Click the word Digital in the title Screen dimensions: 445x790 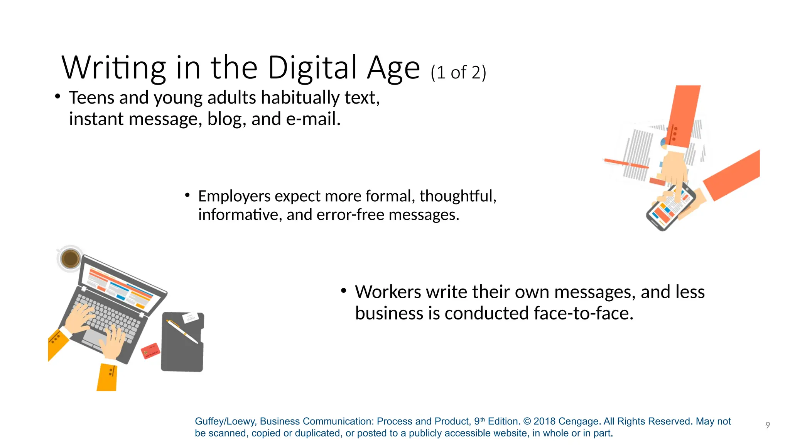[312, 68]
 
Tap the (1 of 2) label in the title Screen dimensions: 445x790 [458, 73]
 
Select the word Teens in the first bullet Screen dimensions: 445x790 [91, 98]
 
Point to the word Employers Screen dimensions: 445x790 [234, 196]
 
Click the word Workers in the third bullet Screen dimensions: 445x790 [388, 292]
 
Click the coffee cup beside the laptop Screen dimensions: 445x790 [70, 258]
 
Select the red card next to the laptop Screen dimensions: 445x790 [150, 351]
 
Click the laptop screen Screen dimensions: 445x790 [122, 286]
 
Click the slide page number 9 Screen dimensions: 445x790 [768, 425]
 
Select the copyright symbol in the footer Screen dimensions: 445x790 [527, 421]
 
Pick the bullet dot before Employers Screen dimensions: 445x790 [187, 195]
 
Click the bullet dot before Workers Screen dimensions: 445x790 [344, 291]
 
